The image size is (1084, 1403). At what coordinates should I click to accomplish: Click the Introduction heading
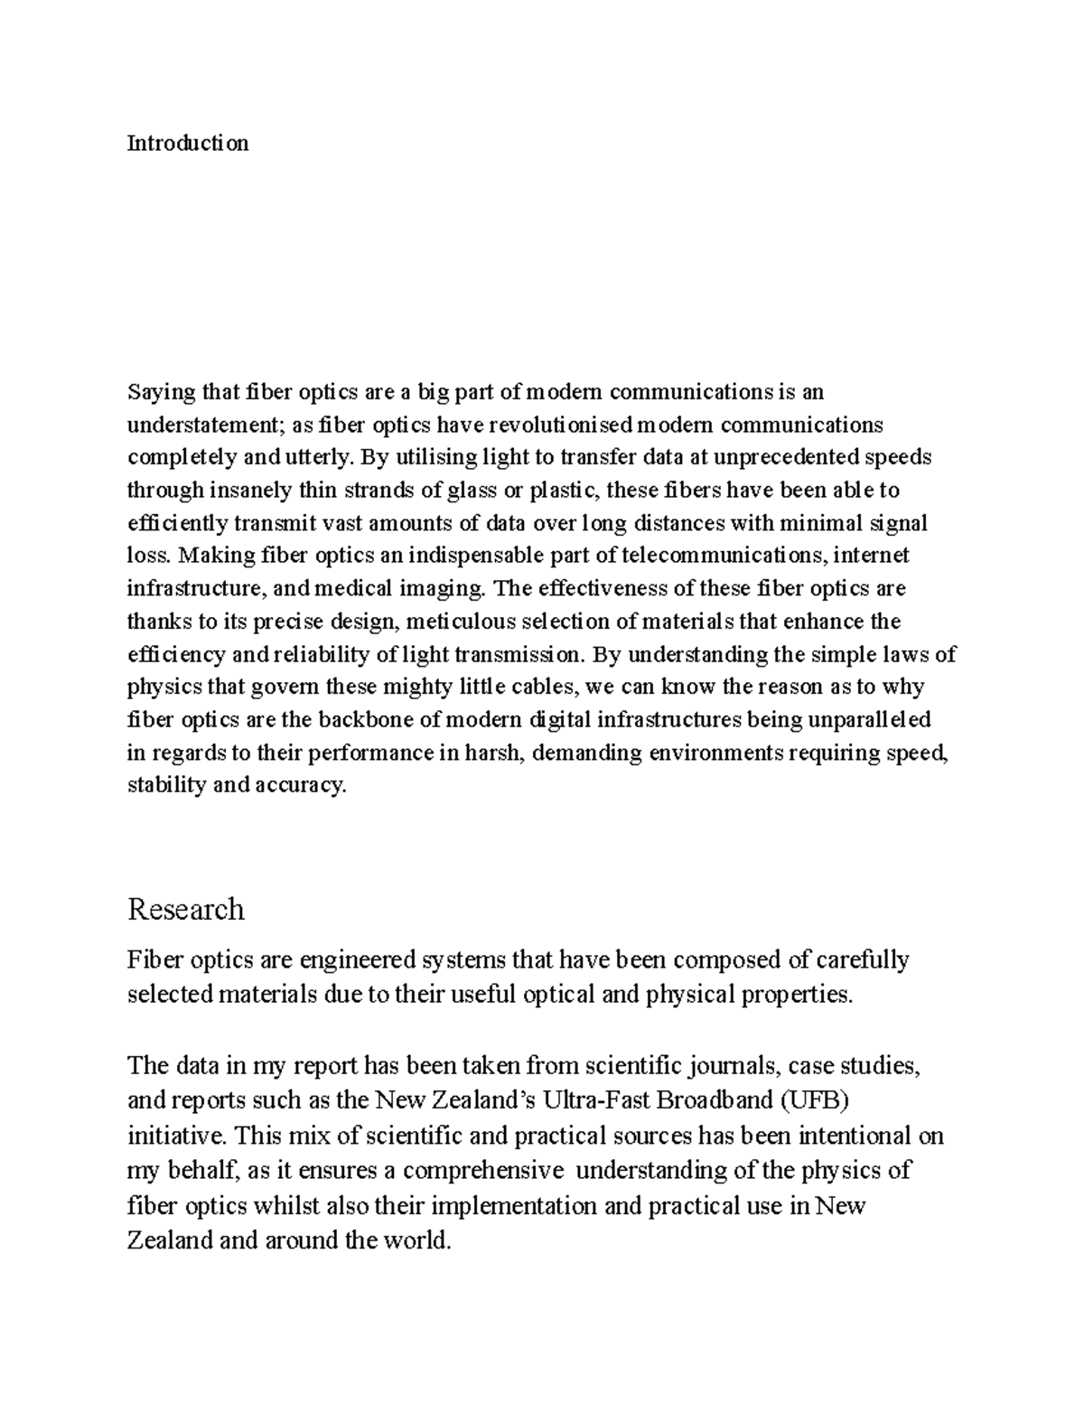tap(188, 143)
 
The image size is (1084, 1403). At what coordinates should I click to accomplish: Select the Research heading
tap(186, 908)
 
